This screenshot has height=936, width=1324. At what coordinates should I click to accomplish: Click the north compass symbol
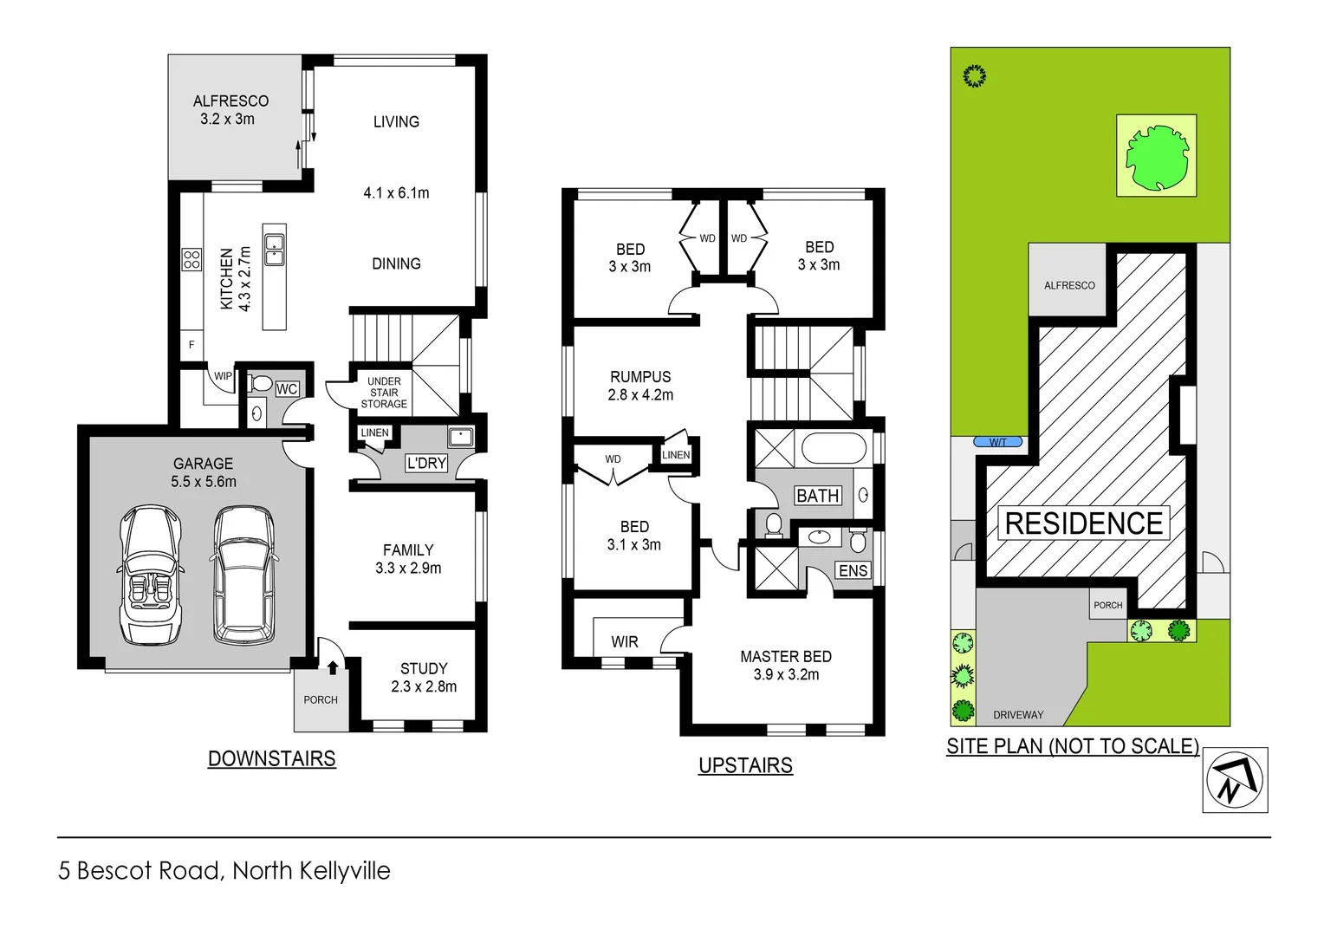click(1235, 780)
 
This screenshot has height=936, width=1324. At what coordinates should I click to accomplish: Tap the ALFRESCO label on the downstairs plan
click(230, 101)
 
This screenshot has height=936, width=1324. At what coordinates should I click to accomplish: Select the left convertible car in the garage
click(150, 575)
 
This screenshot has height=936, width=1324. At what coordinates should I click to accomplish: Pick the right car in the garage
click(243, 575)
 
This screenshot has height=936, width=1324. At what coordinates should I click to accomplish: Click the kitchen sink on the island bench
click(275, 249)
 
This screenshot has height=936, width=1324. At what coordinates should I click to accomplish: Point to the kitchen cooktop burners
click(191, 259)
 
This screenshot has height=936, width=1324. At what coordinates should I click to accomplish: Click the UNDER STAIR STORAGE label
click(384, 393)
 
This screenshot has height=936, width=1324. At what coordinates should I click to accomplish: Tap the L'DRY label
click(426, 464)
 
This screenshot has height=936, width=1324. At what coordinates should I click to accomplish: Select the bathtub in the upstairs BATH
click(834, 449)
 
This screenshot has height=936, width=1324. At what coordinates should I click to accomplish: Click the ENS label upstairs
click(853, 570)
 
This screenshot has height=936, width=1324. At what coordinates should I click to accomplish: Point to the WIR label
click(625, 642)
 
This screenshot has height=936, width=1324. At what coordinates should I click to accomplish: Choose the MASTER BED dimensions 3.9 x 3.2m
click(786, 675)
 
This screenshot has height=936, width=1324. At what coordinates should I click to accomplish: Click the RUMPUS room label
click(640, 377)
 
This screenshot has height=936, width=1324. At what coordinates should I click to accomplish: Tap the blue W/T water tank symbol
click(998, 442)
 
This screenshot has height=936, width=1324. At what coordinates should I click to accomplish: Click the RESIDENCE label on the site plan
click(1084, 523)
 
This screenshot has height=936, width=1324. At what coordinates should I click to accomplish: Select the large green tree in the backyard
click(1157, 157)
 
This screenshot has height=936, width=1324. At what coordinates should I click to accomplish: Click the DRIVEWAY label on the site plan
click(1018, 715)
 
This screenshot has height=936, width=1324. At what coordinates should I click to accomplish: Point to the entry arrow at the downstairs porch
click(333, 667)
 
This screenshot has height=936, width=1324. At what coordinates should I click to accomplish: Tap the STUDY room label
click(424, 668)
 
